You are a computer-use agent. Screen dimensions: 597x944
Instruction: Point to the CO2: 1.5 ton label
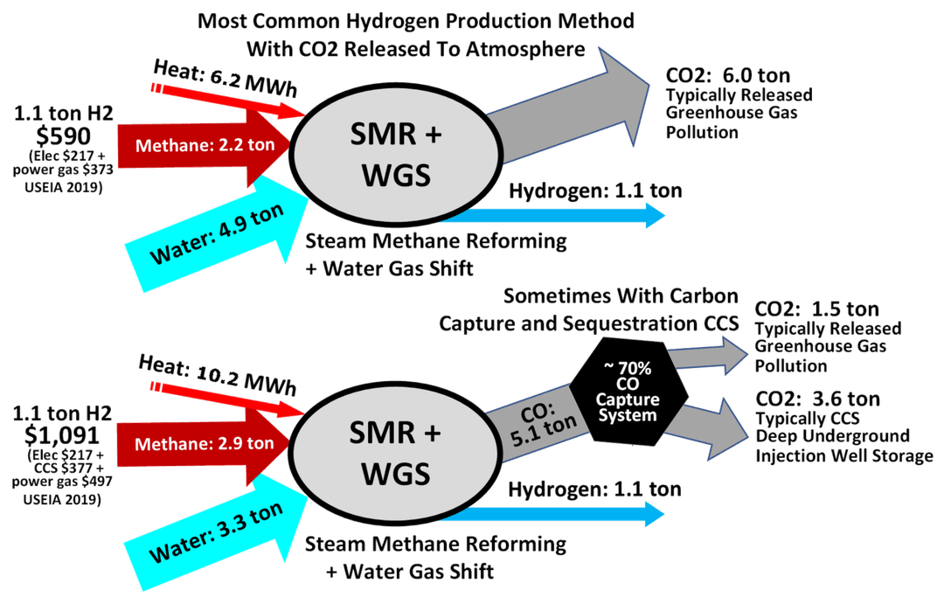click(x=816, y=309)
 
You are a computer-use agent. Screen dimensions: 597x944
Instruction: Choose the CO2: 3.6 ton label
click(x=816, y=399)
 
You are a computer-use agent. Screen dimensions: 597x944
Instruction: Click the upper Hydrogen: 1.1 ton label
click(x=595, y=191)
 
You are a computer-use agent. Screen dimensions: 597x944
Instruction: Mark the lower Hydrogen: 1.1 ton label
click(x=595, y=489)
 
